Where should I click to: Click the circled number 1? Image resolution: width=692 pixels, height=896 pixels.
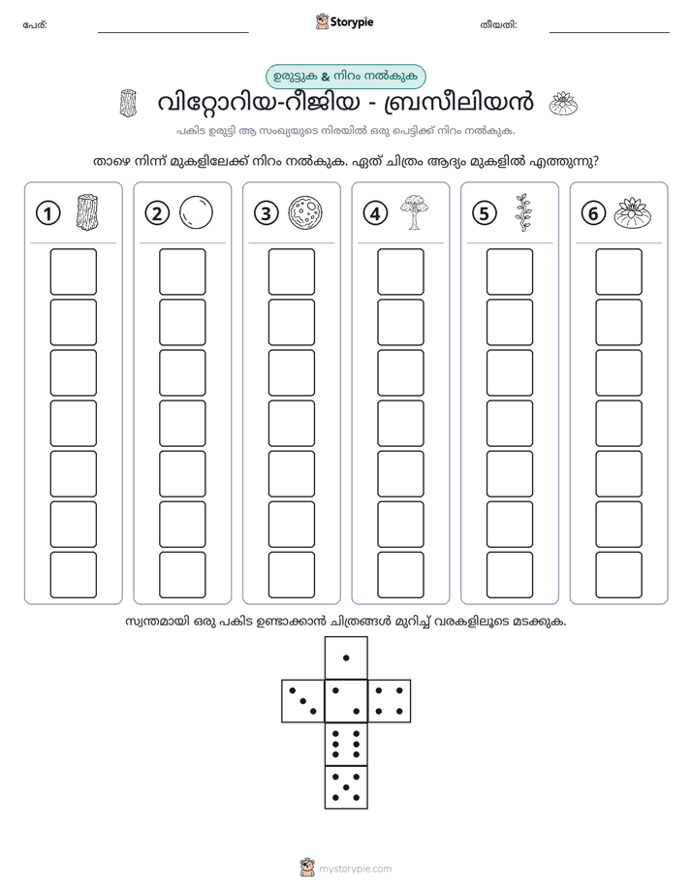click(47, 213)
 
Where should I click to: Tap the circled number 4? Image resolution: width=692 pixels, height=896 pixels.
click(375, 213)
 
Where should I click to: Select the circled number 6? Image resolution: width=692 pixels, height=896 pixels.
click(593, 213)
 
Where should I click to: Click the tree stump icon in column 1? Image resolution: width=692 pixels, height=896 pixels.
click(87, 212)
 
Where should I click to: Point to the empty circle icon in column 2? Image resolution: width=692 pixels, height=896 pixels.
click(196, 212)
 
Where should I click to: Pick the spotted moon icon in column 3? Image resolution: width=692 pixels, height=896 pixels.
click(305, 212)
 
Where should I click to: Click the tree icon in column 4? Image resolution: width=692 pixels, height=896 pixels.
click(415, 212)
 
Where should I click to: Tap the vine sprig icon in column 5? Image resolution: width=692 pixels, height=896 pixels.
click(523, 212)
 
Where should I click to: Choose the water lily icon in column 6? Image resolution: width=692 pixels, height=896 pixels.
click(633, 211)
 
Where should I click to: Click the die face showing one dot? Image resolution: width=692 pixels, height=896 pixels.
click(346, 657)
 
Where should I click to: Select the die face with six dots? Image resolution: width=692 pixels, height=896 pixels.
click(346, 744)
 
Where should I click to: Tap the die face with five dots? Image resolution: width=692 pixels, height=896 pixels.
click(346, 787)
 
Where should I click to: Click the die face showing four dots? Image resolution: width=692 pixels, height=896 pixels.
click(390, 701)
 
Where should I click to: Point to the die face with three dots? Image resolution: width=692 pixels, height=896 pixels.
click(303, 701)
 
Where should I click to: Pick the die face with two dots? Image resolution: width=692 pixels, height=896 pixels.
click(346, 701)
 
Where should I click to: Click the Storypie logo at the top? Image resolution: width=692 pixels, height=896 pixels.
click(344, 22)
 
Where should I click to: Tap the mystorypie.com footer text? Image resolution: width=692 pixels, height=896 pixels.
click(355, 869)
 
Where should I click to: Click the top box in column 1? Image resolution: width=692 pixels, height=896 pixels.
click(73, 272)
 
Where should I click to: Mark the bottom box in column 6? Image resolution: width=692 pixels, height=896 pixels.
click(619, 575)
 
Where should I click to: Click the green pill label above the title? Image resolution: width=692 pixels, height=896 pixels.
click(346, 77)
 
